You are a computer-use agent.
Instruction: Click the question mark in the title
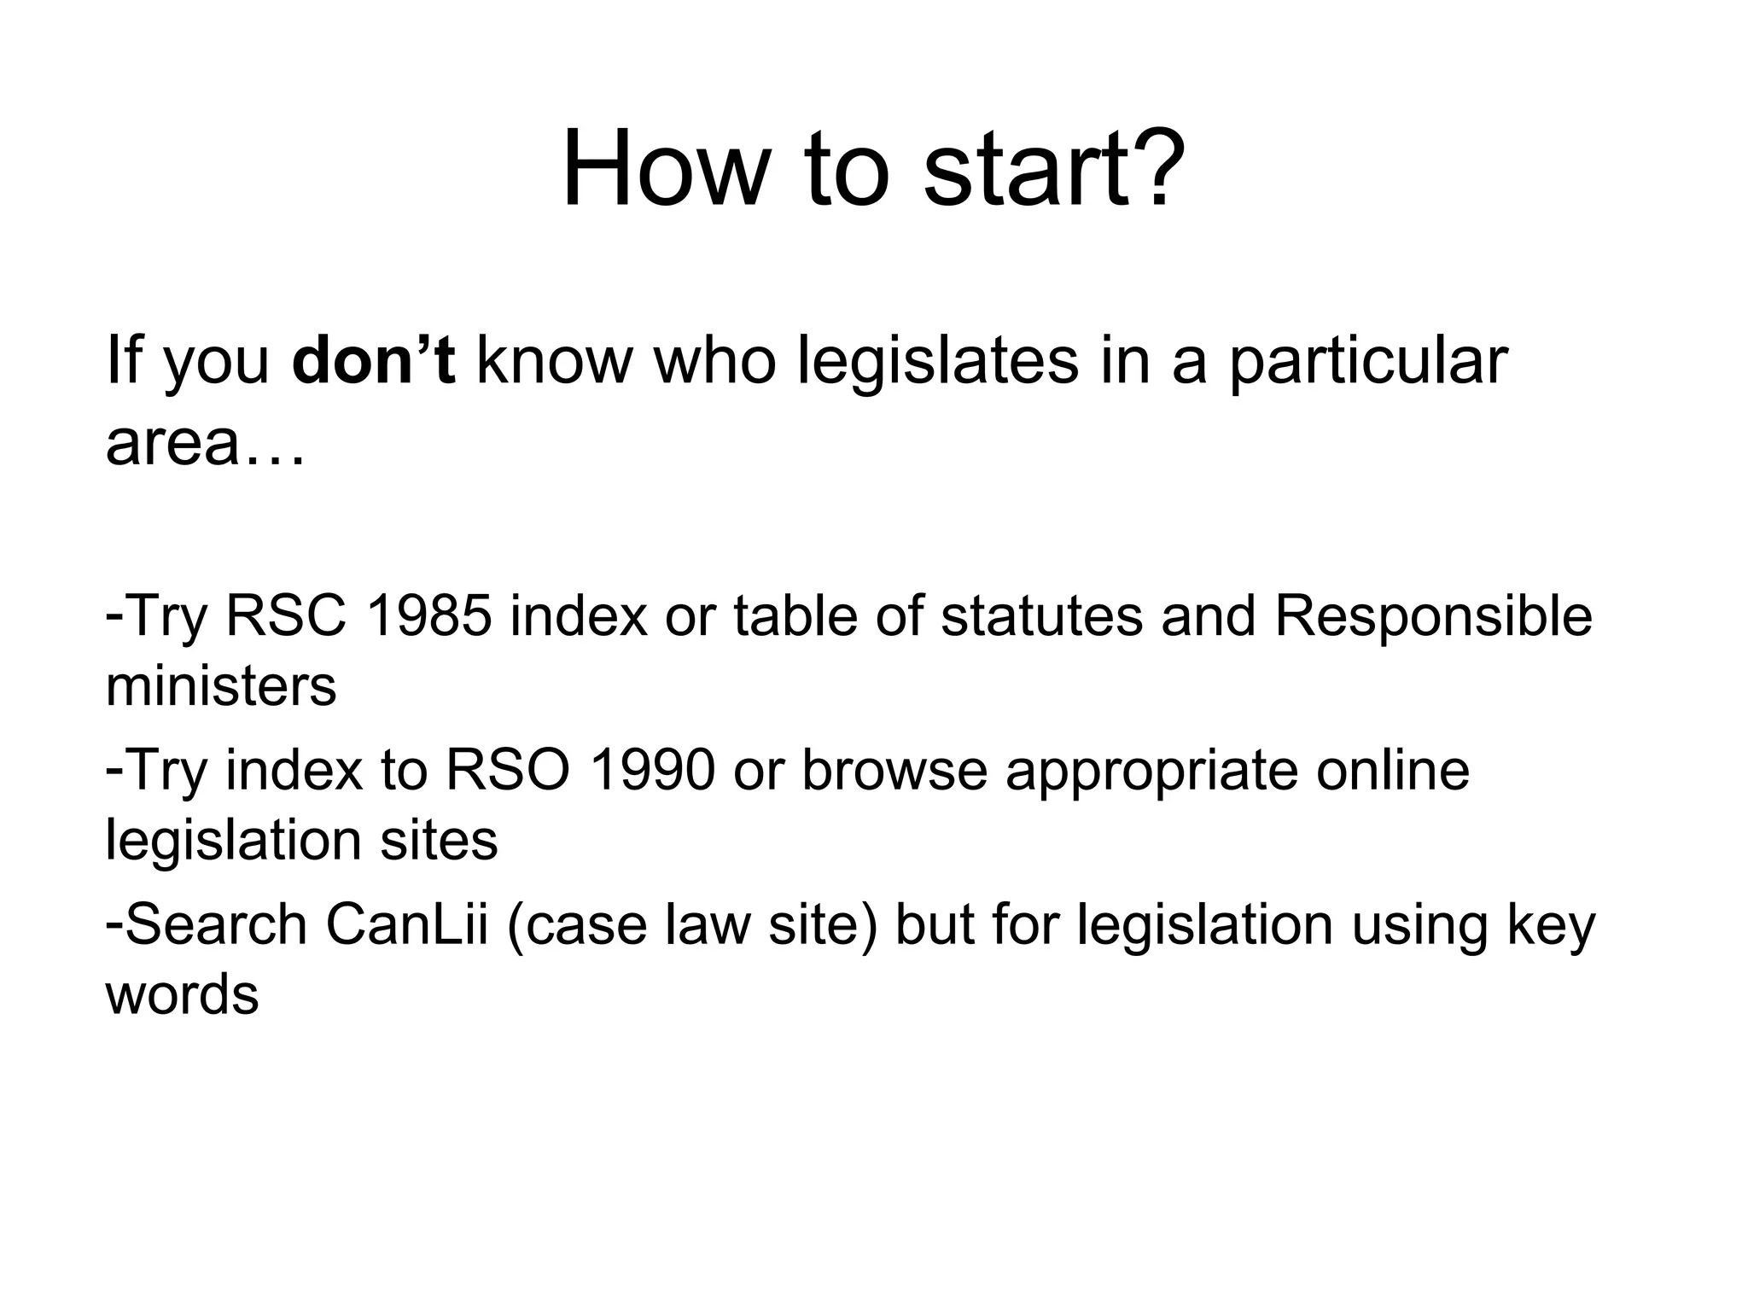tap(1158, 169)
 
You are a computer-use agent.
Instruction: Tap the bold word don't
tap(373, 361)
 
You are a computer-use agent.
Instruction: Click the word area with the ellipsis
tap(205, 444)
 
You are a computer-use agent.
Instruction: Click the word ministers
tap(221, 685)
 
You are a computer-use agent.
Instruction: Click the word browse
tap(894, 771)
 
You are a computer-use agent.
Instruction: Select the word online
tap(1393, 771)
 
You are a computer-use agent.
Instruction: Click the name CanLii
tap(407, 925)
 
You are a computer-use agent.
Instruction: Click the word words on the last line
tap(182, 995)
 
